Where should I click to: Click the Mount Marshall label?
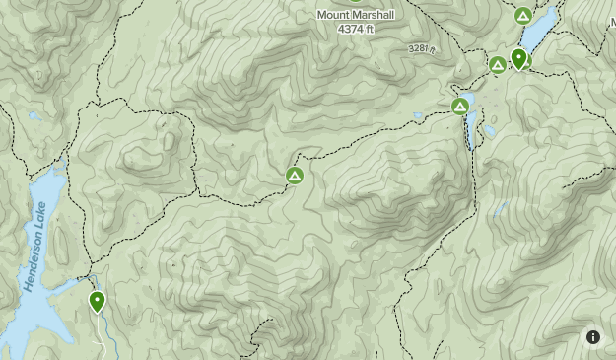pyautogui.click(x=356, y=15)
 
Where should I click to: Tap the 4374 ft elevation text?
pyautogui.click(x=356, y=30)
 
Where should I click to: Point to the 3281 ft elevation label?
pyautogui.click(x=421, y=48)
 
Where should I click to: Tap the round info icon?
pyautogui.click(x=593, y=337)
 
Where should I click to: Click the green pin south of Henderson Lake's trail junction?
pyautogui.click(x=97, y=301)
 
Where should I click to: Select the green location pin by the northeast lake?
pyautogui.click(x=518, y=58)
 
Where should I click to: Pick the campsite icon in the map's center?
pyautogui.click(x=294, y=176)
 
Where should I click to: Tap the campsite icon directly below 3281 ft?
pyautogui.click(x=459, y=107)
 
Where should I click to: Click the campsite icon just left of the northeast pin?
pyautogui.click(x=498, y=65)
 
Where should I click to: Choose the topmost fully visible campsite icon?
pyautogui.click(x=523, y=16)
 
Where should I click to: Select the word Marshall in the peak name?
pyautogui.click(x=373, y=15)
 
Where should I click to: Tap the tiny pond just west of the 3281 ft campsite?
pyautogui.click(x=418, y=115)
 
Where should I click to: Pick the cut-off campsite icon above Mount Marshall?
pyautogui.click(x=356, y=1)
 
